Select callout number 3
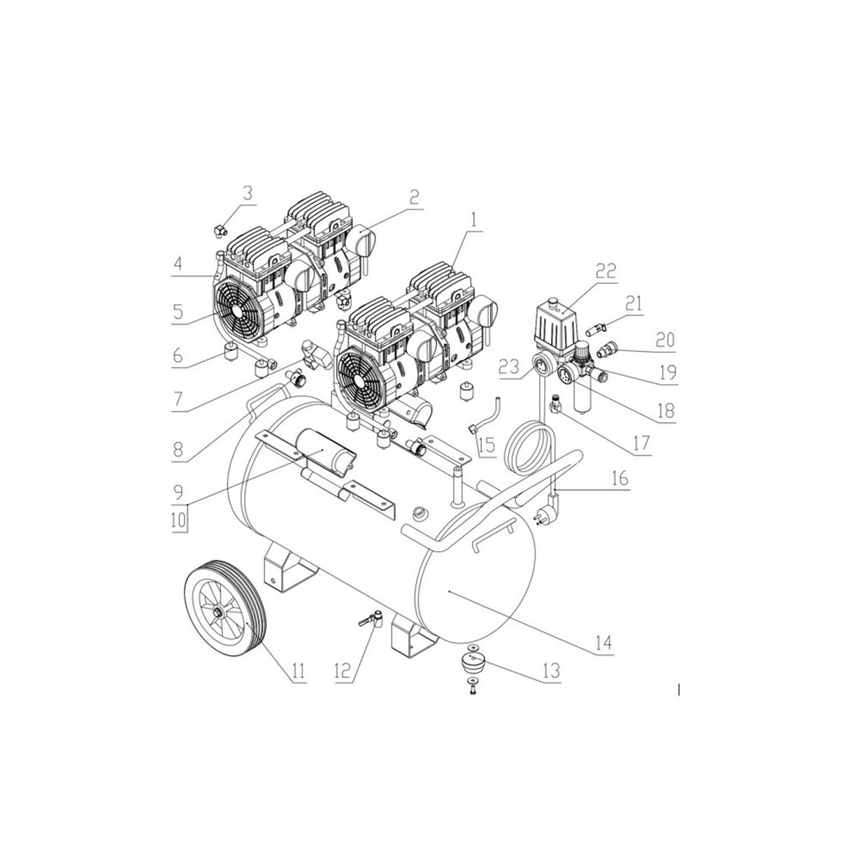[248, 193]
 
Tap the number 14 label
[604, 642]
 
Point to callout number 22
[606, 271]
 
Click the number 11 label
[298, 670]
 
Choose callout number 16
[620, 478]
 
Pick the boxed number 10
[178, 519]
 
